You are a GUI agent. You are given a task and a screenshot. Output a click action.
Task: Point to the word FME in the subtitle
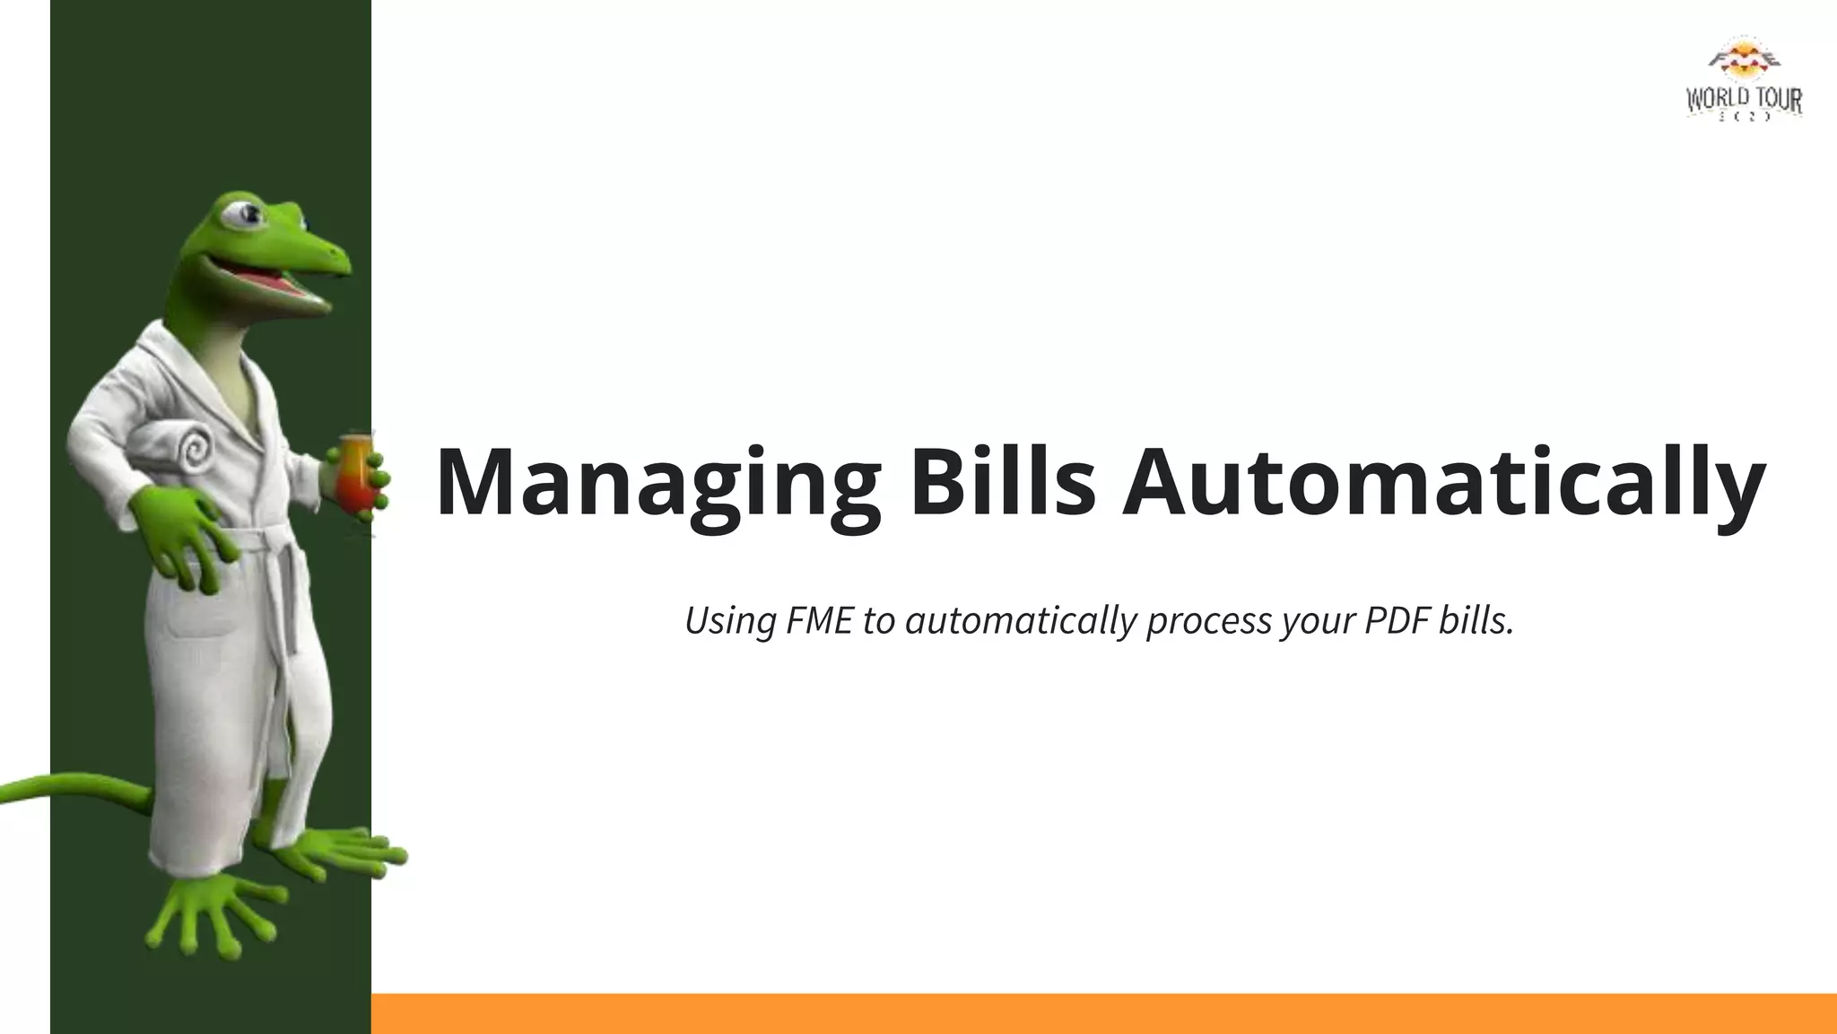[818, 620]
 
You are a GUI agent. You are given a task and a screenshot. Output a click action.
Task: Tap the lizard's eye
[245, 215]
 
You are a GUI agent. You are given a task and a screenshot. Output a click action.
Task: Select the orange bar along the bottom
[1103, 1013]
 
